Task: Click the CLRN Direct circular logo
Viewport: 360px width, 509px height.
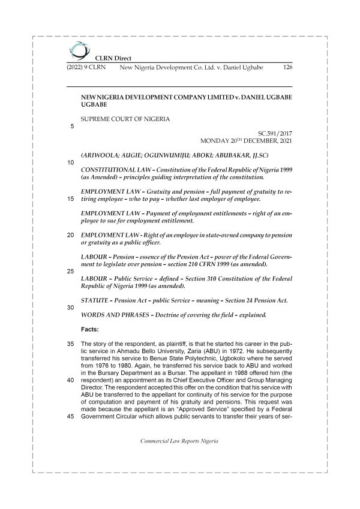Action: click(77, 50)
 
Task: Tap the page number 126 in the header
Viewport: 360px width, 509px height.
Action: click(287, 68)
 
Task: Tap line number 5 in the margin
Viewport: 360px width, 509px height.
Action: click(72, 126)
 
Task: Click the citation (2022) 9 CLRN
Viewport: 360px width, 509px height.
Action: click(85, 68)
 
